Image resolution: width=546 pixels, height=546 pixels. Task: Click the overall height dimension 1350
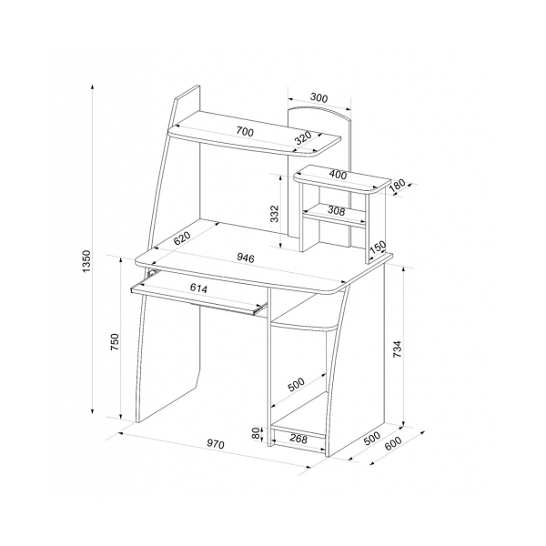pos(86,261)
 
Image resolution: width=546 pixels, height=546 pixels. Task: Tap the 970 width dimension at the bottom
pos(216,444)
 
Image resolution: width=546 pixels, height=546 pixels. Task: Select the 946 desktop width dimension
pos(246,258)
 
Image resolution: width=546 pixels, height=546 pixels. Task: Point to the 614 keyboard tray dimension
pos(198,288)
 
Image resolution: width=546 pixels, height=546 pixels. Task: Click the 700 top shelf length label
pos(245,132)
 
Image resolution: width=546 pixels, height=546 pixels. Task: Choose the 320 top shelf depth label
pos(303,138)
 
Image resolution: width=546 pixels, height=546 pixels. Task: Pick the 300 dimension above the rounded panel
pos(319,98)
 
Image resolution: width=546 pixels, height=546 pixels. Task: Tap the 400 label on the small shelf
pos(338,175)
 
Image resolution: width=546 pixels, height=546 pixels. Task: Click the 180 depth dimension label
pos(398,187)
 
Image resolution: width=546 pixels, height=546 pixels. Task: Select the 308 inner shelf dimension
pos(337,211)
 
